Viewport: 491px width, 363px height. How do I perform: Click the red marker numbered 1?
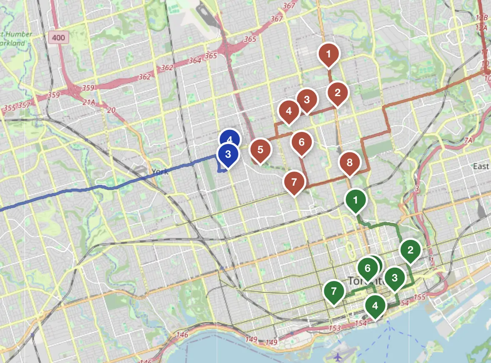329,54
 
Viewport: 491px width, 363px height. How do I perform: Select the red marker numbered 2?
338,92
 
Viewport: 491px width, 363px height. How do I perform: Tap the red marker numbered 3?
307,99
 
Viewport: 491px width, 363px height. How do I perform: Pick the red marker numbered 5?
261,149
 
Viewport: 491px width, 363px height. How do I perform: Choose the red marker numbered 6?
301,142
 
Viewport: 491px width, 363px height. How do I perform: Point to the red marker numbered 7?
294,182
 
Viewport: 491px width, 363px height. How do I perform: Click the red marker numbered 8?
349,162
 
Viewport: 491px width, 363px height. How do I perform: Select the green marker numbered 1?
356,200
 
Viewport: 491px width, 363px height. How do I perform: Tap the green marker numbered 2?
411,250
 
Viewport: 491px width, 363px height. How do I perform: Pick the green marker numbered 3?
395,277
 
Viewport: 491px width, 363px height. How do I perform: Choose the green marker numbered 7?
333,291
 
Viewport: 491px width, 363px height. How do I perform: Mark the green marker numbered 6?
367,268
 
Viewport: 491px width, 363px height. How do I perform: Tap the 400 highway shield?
59,38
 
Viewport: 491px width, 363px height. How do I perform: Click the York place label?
160,172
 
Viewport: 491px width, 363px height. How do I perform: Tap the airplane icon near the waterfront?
338,357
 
